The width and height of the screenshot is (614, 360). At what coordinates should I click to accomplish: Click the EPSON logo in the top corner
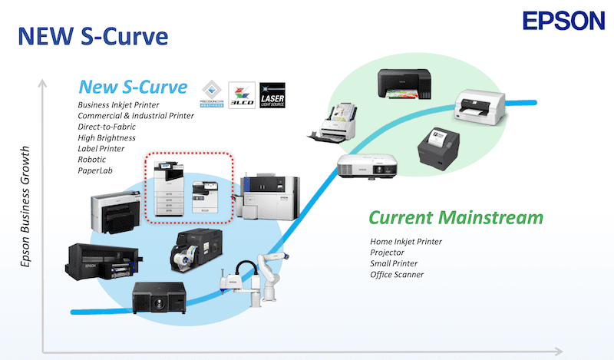(563, 21)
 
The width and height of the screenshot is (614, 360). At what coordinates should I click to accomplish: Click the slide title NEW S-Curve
(93, 36)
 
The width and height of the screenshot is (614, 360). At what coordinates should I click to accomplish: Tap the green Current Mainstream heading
(460, 217)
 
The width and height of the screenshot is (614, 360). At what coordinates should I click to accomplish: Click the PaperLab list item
(94, 170)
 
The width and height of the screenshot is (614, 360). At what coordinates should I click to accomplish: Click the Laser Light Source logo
(274, 95)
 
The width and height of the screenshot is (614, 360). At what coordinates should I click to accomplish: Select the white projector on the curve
(369, 167)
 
